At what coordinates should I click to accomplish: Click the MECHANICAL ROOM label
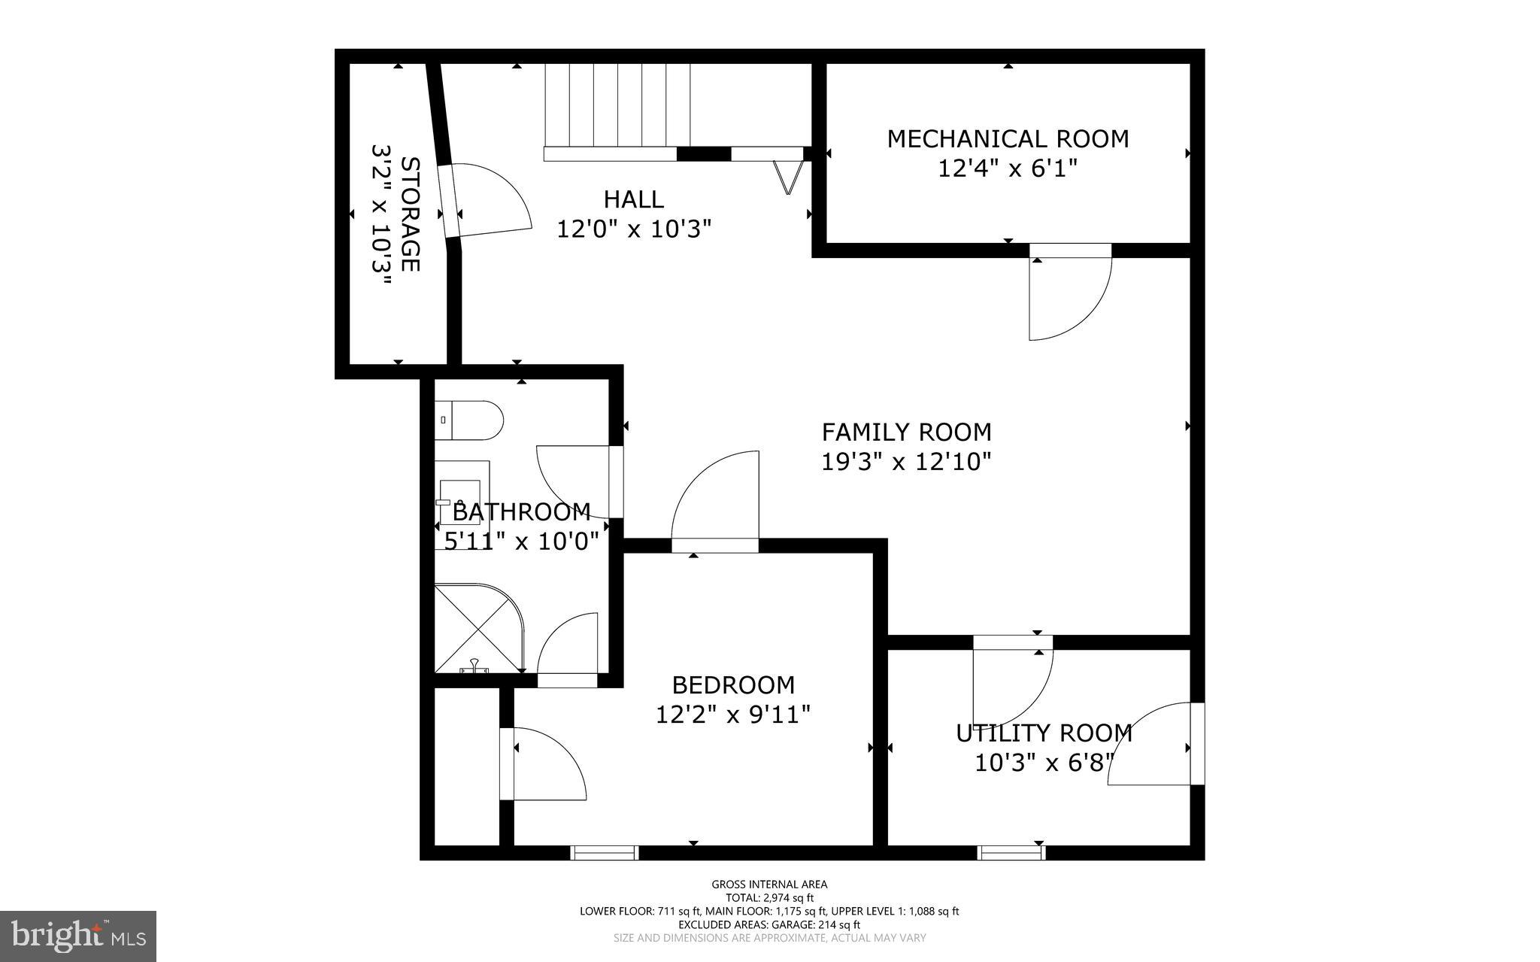click(x=1008, y=139)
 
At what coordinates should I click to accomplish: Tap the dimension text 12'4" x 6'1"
click(x=1008, y=168)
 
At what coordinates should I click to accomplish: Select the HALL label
click(x=633, y=199)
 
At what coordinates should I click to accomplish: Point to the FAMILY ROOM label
click(x=906, y=432)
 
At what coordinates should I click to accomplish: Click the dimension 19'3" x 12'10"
click(x=906, y=462)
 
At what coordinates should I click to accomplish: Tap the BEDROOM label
click(x=733, y=685)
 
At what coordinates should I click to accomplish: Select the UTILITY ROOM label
click(x=1044, y=733)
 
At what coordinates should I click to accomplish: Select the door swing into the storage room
click(x=489, y=199)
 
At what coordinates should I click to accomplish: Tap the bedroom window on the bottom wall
click(x=604, y=852)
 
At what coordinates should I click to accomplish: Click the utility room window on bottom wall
click(x=1011, y=852)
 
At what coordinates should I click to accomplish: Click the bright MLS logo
click(x=78, y=936)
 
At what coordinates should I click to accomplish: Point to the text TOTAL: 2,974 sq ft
click(x=769, y=897)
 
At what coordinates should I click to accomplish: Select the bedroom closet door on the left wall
click(x=541, y=763)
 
